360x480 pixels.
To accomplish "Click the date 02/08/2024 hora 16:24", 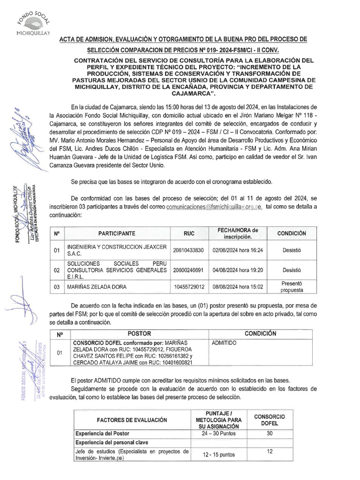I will pyautogui.click(x=238, y=250).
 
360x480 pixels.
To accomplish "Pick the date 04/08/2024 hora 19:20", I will pyautogui.click(x=238, y=270).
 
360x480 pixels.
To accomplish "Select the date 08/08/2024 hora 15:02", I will pyautogui.click(x=238, y=286).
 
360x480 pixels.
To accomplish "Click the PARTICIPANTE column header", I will pyautogui.click(x=117, y=233).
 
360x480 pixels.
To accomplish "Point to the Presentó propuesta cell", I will pyautogui.click(x=292, y=286).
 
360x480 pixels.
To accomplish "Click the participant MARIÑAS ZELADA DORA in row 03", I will pyautogui.click(x=97, y=286).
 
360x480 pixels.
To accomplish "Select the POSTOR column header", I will pyautogui.click(x=139, y=333).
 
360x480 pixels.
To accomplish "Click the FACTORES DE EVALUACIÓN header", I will pyautogui.click(x=132, y=420).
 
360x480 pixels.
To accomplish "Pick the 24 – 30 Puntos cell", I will pyautogui.click(x=219, y=434).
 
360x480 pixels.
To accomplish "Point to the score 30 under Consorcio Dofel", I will pyautogui.click(x=270, y=434).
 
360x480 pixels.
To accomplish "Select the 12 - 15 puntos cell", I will pyautogui.click(x=219, y=455).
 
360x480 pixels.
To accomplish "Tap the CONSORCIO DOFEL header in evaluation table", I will pyautogui.click(x=270, y=420).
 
